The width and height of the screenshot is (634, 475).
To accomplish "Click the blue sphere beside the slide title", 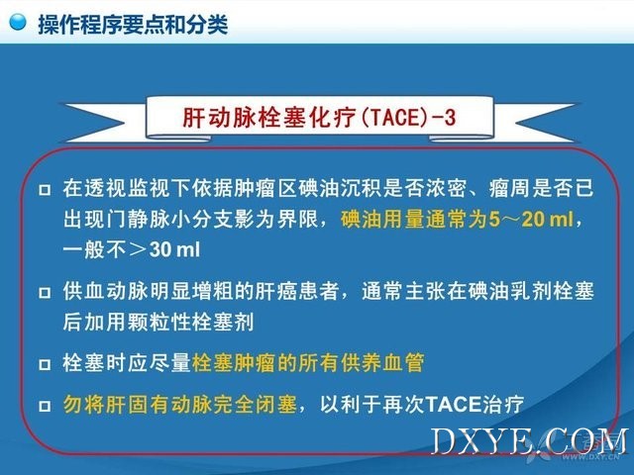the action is [x=18, y=22].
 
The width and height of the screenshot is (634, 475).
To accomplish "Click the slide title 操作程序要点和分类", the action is [x=133, y=24].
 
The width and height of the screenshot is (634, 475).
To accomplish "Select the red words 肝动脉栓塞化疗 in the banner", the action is [x=268, y=118].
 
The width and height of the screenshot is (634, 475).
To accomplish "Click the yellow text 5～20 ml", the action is [x=531, y=220].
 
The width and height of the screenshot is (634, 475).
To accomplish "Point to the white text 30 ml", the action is [x=174, y=250].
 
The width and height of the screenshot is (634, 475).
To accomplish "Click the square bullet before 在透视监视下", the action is [x=45, y=189].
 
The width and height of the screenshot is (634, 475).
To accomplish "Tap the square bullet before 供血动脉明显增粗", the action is [x=45, y=292].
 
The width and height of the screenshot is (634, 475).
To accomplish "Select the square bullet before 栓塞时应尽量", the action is [x=45, y=364].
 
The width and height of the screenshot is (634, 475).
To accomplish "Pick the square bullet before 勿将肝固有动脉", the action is [x=45, y=405].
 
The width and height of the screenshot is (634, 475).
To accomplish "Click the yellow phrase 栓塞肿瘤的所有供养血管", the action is [x=308, y=362].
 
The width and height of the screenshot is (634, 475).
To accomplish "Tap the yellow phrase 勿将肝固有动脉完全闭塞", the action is [x=180, y=404].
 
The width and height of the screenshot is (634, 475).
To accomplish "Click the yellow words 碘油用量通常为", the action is [x=414, y=220].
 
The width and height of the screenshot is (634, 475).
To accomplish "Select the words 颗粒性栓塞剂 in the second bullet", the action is [x=191, y=322].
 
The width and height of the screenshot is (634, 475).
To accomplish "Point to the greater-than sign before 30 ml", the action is [x=138, y=250].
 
